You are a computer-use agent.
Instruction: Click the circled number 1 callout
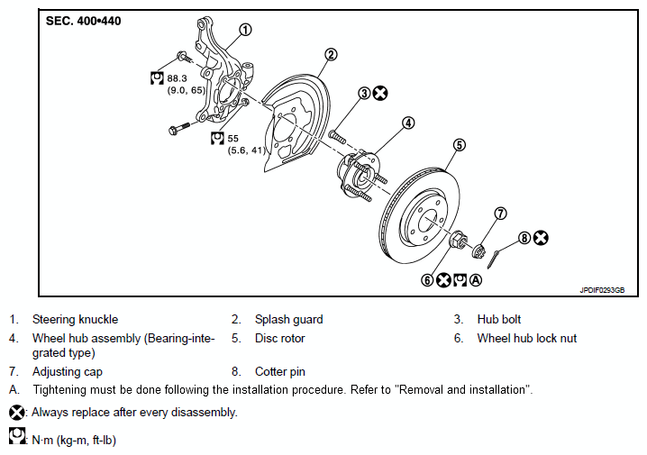[x=245, y=30]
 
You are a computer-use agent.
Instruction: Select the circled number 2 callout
[x=331, y=54]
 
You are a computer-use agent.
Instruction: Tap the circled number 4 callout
[x=408, y=123]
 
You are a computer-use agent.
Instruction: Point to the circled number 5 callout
[x=460, y=145]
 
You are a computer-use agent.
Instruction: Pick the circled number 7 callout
[x=500, y=214]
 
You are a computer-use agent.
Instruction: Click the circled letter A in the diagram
[x=476, y=280]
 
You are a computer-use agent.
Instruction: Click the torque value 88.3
[x=177, y=78]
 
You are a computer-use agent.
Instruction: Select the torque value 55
[x=233, y=139]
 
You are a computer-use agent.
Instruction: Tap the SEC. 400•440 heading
[x=83, y=21]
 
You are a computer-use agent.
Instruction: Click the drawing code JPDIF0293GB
[x=602, y=290]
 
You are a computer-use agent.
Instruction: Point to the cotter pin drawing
[x=493, y=259]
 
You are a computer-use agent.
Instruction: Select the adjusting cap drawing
[x=479, y=250]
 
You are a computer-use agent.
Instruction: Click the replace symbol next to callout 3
[x=380, y=93]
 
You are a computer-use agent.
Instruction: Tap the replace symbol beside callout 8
[x=541, y=238]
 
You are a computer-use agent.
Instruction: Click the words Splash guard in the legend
[x=289, y=320]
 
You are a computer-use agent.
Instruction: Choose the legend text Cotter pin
[x=280, y=372]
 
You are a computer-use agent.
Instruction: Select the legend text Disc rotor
[x=279, y=339]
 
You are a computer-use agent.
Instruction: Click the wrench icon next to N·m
[x=16, y=436]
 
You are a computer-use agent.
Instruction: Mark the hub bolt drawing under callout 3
[x=337, y=137]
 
